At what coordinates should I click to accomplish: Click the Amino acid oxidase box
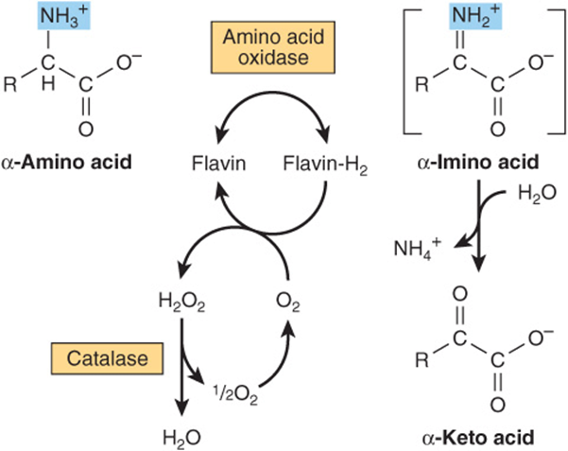(273, 47)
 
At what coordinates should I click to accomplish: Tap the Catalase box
(107, 358)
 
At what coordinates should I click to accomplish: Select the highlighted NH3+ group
(63, 16)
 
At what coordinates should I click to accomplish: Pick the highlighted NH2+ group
(475, 16)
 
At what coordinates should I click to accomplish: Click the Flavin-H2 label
(325, 165)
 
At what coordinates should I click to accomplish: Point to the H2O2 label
(181, 303)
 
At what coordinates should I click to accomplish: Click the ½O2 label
(235, 394)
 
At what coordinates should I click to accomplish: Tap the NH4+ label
(418, 248)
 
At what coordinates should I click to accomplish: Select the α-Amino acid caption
(67, 162)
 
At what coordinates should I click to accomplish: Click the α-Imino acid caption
(478, 162)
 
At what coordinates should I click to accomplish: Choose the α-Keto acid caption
(478, 438)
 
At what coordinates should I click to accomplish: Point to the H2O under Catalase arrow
(181, 438)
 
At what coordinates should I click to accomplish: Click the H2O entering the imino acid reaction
(537, 193)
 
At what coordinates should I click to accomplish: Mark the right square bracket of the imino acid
(559, 72)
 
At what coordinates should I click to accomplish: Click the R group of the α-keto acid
(422, 360)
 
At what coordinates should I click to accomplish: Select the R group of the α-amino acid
(9, 84)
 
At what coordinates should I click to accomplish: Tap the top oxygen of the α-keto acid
(460, 294)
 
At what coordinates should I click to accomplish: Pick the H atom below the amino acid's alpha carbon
(48, 84)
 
